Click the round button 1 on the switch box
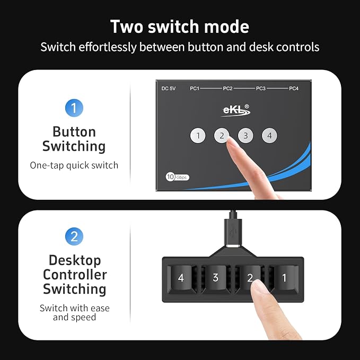pyautogui.click(x=198, y=135)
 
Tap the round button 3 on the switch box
pyautogui.click(x=245, y=135)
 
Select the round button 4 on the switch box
pyautogui.click(x=269, y=135)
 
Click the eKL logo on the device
pyautogui.click(x=235, y=110)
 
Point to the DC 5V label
pyautogui.click(x=169, y=89)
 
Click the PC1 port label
pyautogui.click(x=195, y=89)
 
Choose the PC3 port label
pyautogui.click(x=260, y=89)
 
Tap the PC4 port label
pyautogui.click(x=294, y=89)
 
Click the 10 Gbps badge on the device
pyautogui.click(x=178, y=177)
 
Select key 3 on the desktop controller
pyautogui.click(x=216, y=278)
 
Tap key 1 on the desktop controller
pyautogui.click(x=285, y=278)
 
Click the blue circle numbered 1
pyautogui.click(x=74, y=108)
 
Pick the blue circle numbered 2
pyautogui.click(x=74, y=236)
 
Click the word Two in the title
pyautogui.click(x=127, y=27)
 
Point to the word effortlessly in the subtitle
pyautogui.click(x=108, y=47)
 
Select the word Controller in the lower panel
pyautogui.click(x=75, y=275)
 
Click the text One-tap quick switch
pyautogui.click(x=74, y=165)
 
